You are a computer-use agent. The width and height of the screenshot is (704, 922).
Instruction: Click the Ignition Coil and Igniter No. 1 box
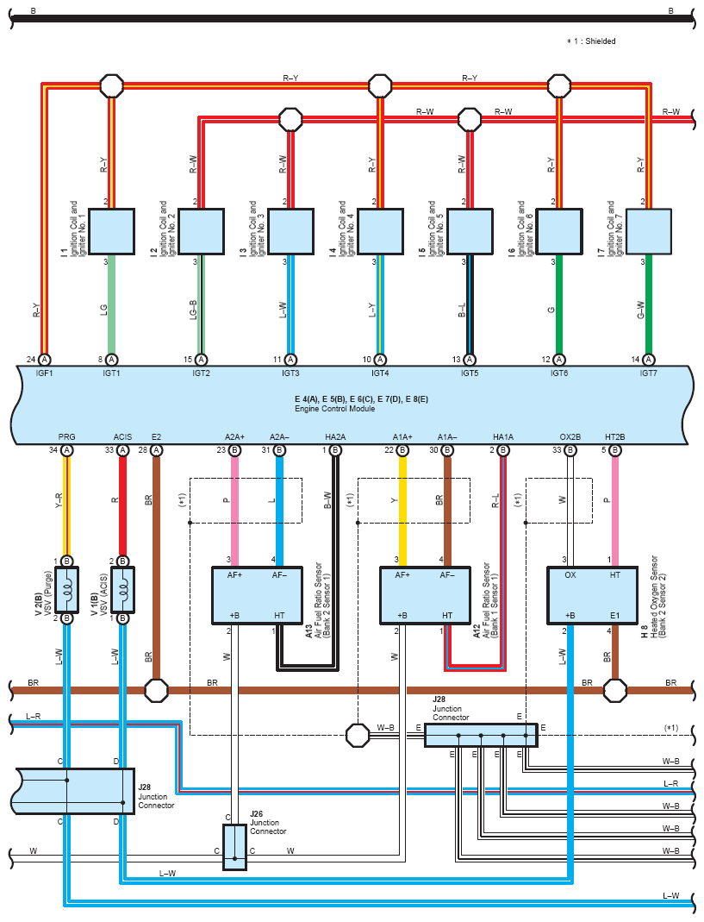click(111, 231)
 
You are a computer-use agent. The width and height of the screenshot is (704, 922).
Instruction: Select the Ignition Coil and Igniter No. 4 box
click(380, 231)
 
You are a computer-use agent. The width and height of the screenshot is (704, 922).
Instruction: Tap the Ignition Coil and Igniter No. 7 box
click(649, 231)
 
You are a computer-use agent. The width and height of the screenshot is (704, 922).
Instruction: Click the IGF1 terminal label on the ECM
click(44, 373)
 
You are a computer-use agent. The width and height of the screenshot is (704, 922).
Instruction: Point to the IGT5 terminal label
click(470, 373)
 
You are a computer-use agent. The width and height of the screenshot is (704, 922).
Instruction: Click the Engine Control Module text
click(335, 409)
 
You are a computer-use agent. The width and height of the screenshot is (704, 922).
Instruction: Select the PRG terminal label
click(67, 437)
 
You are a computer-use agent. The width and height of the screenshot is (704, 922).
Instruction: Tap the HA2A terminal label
click(335, 437)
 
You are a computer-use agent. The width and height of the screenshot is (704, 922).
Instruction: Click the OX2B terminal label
click(570, 437)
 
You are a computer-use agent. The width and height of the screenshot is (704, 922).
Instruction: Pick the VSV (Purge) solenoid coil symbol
click(67, 590)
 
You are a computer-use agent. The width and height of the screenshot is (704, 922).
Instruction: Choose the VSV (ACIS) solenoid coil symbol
click(123, 590)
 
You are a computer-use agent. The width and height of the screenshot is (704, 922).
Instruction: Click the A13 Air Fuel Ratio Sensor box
click(258, 595)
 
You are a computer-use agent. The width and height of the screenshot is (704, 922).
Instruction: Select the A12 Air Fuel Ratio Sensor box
click(426, 595)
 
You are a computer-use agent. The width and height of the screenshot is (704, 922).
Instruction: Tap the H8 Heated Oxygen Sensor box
click(592, 595)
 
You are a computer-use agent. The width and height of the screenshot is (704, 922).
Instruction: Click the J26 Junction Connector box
click(234, 847)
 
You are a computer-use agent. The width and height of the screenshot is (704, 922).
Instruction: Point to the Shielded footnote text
click(591, 41)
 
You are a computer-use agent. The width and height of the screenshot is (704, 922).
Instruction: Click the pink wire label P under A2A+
click(227, 500)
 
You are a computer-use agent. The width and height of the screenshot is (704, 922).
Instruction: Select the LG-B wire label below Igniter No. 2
click(193, 310)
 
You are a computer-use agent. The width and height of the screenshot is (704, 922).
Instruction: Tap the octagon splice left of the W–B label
click(358, 735)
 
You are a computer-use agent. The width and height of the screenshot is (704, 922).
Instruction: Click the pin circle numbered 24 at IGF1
click(45, 360)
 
